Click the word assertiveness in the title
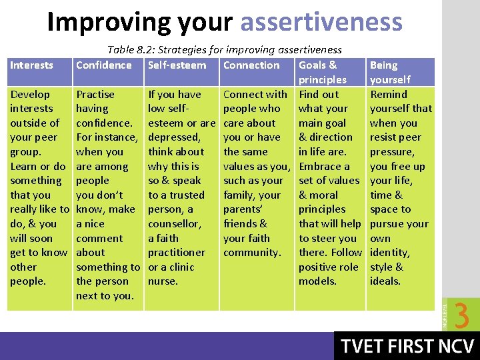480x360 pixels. (x=321, y=22)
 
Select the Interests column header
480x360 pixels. (x=31, y=65)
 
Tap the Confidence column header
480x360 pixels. (x=104, y=65)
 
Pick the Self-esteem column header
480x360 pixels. (x=177, y=65)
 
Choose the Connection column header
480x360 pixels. (x=251, y=65)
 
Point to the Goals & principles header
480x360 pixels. (x=323, y=72)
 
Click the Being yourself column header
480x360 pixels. (x=390, y=72)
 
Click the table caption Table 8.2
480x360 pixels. (x=225, y=49)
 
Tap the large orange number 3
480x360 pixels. (x=462, y=315)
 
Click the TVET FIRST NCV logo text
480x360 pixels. (x=408, y=346)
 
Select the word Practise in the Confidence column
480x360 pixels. (x=95, y=95)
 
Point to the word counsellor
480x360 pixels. (x=174, y=224)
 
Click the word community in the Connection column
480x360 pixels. (x=251, y=253)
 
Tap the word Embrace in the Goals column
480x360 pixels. (x=324, y=167)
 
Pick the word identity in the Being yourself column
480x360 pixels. (x=389, y=253)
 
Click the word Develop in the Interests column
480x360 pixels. (x=30, y=95)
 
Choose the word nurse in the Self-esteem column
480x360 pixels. (x=162, y=281)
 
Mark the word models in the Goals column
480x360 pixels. (x=317, y=281)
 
